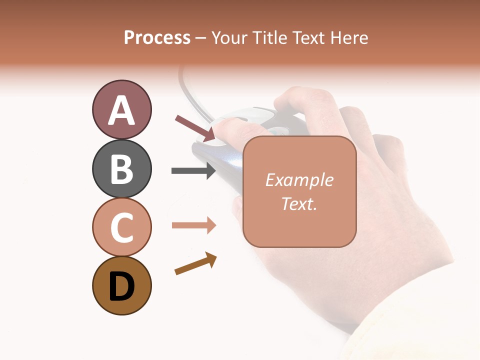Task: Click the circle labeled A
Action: (121, 110)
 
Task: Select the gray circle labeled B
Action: (121, 168)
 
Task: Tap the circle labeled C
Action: (121, 226)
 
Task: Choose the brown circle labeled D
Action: (121, 285)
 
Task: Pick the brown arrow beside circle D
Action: (195, 263)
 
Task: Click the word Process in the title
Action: (157, 38)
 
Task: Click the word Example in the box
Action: (299, 180)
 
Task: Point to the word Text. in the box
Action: (299, 203)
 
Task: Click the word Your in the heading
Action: (230, 38)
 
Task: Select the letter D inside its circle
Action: (121, 286)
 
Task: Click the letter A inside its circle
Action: (121, 110)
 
